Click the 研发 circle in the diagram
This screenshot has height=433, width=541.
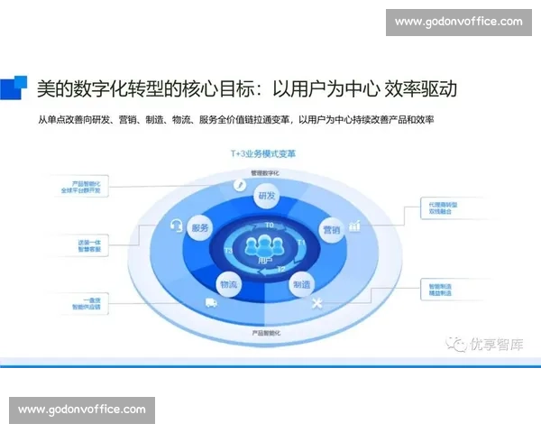(267, 196)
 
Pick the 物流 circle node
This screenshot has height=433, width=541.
(228, 284)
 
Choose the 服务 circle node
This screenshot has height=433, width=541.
(200, 230)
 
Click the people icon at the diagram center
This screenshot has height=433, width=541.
(265, 244)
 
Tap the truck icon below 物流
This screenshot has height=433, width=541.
(212, 302)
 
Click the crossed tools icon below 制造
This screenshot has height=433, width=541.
(316, 304)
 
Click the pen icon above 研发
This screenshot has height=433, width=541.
(240, 185)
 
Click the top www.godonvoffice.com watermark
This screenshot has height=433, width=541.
(458, 21)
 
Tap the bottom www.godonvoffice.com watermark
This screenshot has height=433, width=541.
(82, 410)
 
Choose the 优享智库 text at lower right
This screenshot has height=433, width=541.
(494, 344)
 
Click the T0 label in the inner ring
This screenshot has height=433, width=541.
(267, 224)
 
